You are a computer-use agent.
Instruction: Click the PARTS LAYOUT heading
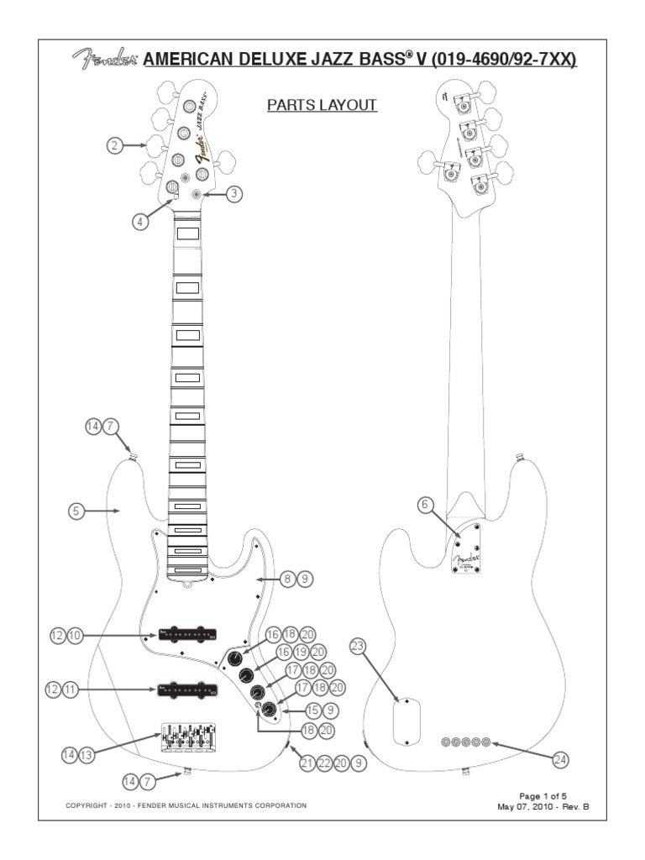pyautogui.click(x=322, y=105)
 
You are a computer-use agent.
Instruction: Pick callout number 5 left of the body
pyautogui.click(x=77, y=510)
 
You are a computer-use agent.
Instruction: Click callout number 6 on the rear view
pyautogui.click(x=426, y=504)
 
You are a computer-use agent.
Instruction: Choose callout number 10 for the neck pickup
pyautogui.click(x=76, y=636)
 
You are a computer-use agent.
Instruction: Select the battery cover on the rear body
pyautogui.click(x=406, y=721)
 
